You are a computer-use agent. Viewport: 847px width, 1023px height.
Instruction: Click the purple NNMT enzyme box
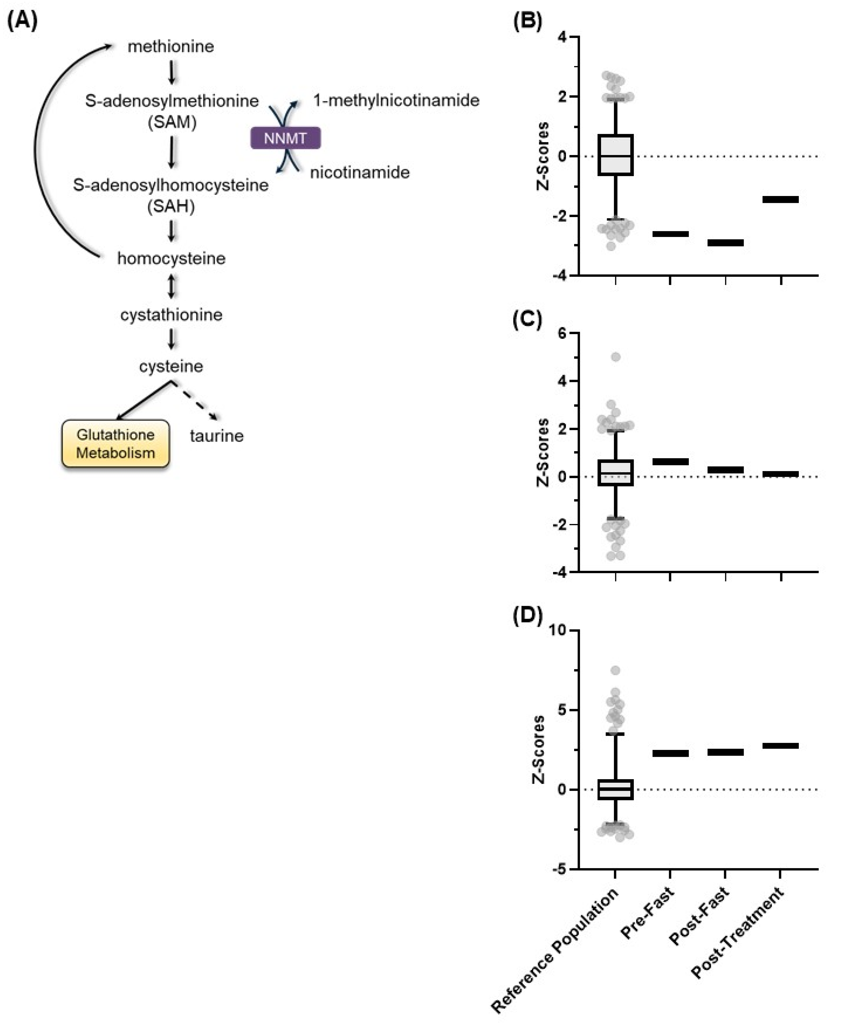pyautogui.click(x=285, y=138)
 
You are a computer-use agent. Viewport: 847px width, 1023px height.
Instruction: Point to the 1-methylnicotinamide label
pyautogui.click(x=396, y=101)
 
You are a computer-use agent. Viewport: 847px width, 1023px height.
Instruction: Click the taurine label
pyautogui.click(x=217, y=435)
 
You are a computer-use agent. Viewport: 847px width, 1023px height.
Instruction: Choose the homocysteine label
pyautogui.click(x=171, y=258)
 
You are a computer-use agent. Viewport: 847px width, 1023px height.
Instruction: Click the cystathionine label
pyautogui.click(x=171, y=315)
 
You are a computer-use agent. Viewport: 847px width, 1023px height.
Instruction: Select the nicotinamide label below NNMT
pyautogui.click(x=360, y=172)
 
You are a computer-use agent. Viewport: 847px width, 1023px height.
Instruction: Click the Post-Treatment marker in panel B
pyautogui.click(x=780, y=199)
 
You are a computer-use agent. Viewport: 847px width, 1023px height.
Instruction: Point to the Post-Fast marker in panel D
pyautogui.click(x=725, y=752)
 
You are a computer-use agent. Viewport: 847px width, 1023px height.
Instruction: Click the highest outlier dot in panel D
pyautogui.click(x=615, y=670)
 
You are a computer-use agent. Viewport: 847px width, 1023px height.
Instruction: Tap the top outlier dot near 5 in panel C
pyautogui.click(x=615, y=357)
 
